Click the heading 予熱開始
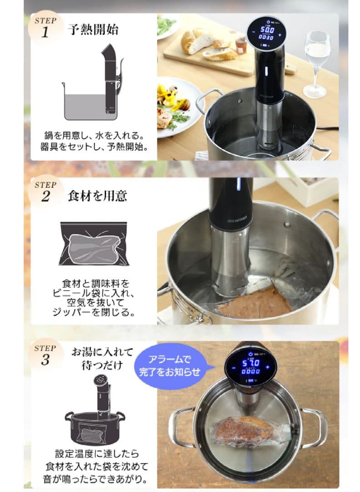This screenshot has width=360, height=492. click(93, 30)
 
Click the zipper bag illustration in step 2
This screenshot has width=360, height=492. click(94, 243)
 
